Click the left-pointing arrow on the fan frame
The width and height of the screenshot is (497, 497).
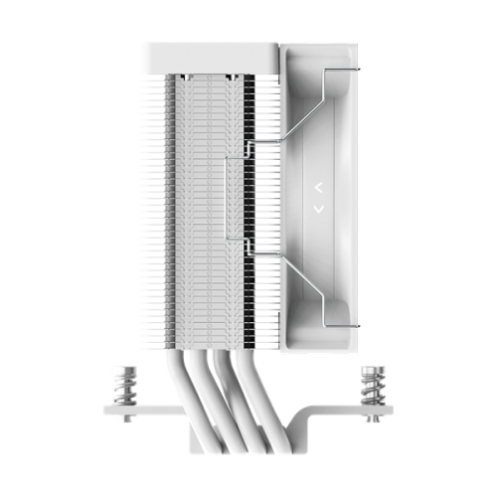(318, 186)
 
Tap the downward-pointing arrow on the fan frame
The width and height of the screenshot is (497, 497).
(318, 209)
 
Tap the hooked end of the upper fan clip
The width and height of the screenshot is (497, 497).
(355, 70)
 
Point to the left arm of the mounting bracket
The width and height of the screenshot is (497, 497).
(149, 409)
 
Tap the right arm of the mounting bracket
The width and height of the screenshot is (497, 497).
(348, 409)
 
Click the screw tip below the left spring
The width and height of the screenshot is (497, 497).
(123, 419)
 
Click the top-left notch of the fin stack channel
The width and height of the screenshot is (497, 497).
(185, 76)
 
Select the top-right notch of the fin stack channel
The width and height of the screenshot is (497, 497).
(230, 76)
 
